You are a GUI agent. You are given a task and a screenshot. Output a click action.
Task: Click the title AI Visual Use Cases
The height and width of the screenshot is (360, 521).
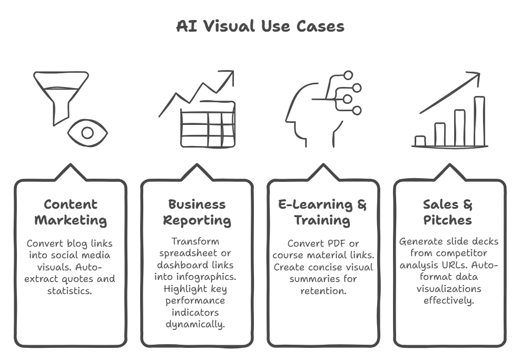point(260,26)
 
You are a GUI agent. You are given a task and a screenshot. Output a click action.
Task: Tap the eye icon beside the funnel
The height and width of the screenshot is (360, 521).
point(87,132)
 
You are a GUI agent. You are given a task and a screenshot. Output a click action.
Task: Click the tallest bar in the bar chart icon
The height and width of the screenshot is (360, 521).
point(479,121)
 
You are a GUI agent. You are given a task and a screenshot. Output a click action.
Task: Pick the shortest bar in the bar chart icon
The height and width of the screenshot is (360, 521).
point(420,141)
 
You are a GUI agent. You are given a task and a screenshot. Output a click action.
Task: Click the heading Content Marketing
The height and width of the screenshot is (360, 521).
point(71,212)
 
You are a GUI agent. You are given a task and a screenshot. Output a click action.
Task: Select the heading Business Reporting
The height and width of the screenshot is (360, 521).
point(196,212)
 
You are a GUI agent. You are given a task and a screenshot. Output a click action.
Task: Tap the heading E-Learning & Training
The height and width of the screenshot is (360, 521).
point(322,212)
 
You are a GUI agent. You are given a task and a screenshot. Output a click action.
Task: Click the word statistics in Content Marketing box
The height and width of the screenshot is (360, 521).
point(71,289)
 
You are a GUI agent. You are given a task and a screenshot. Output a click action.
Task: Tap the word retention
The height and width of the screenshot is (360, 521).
point(322,289)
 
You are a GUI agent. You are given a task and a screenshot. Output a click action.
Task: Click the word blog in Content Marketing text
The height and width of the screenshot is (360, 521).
point(76,243)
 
